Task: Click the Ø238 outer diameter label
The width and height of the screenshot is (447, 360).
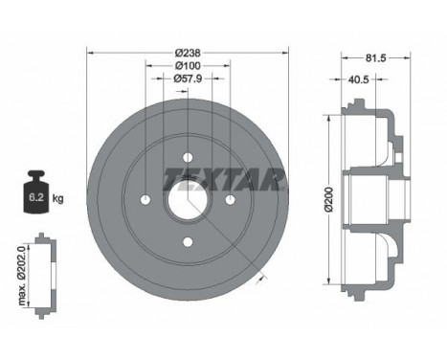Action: (188, 53)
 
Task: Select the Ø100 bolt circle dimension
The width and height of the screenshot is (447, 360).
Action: (189, 66)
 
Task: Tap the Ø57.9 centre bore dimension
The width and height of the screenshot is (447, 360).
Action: (188, 79)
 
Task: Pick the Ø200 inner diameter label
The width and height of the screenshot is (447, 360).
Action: (329, 199)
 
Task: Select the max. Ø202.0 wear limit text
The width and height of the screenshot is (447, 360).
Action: (22, 276)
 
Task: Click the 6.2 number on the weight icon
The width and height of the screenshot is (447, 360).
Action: (36, 197)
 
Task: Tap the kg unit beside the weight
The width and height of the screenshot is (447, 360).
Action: (57, 199)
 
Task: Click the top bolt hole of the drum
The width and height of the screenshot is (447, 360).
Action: (188, 157)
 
